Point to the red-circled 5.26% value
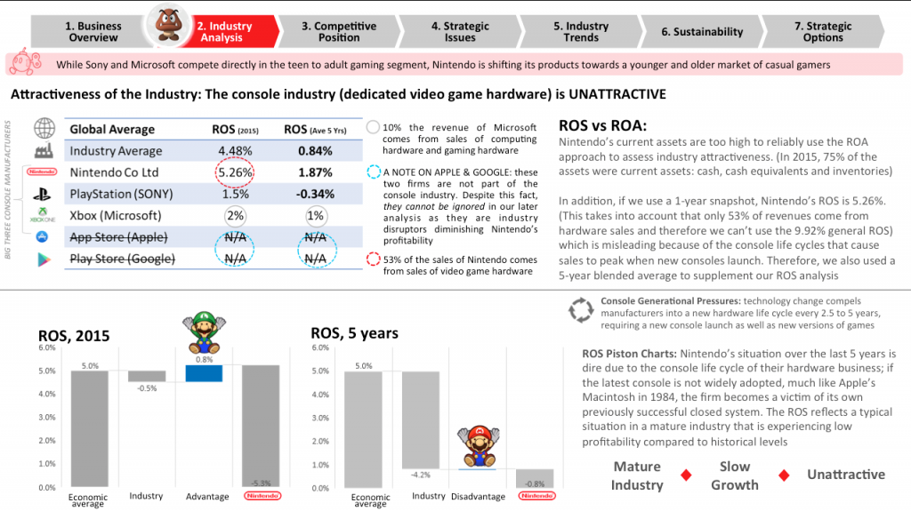pos(234,172)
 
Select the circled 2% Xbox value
pos(235,215)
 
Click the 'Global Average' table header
pos(112,130)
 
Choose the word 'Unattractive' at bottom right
pos(845,475)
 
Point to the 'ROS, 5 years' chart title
pos(354,333)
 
